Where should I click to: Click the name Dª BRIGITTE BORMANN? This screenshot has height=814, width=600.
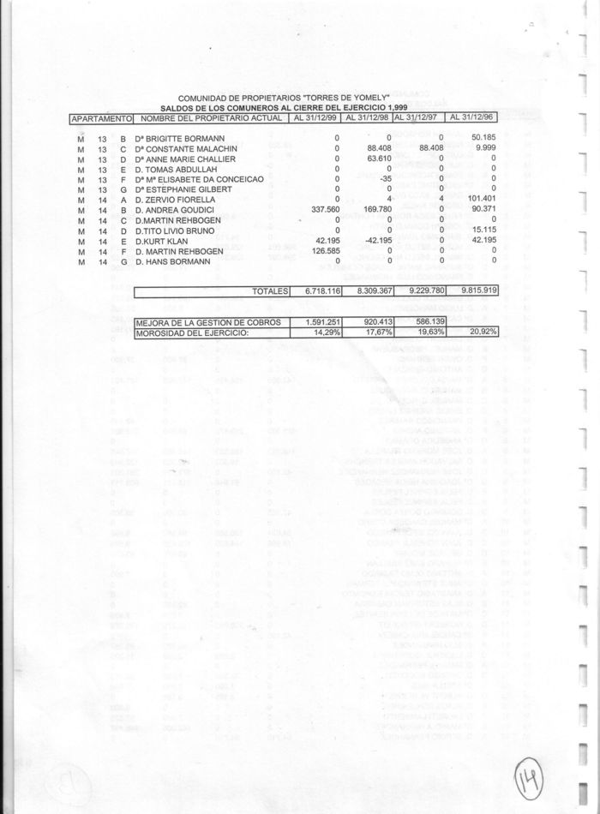coord(179,137)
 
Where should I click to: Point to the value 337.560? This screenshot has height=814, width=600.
coord(324,208)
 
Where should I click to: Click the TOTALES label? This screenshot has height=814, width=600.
coord(271,291)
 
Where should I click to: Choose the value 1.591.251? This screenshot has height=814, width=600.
coord(321,321)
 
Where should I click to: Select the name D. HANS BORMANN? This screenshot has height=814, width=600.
coord(171,261)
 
